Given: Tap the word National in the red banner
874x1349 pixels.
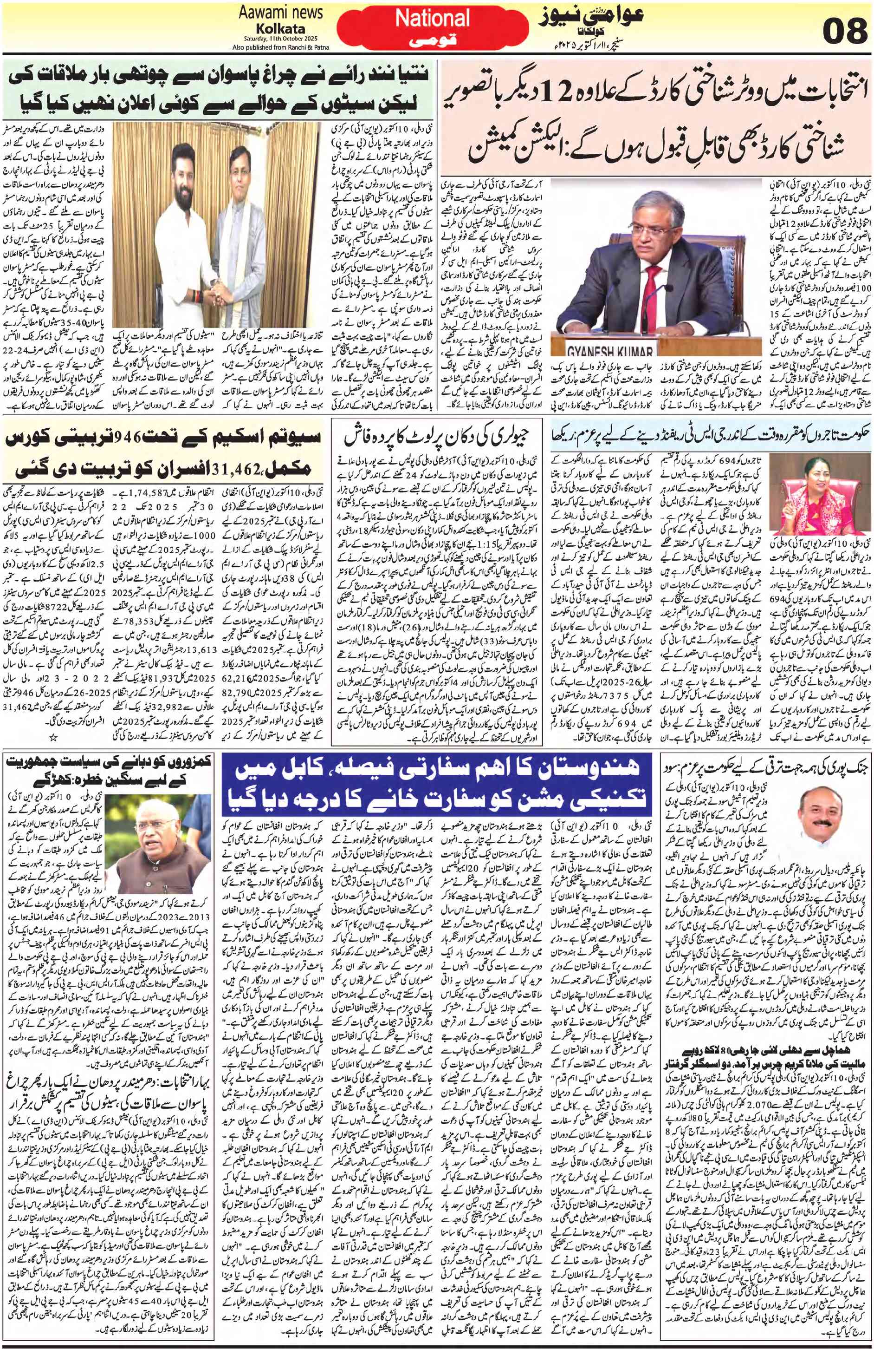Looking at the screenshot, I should click(x=432, y=19).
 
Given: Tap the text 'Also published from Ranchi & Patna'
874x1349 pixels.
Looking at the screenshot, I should click(x=280, y=47).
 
